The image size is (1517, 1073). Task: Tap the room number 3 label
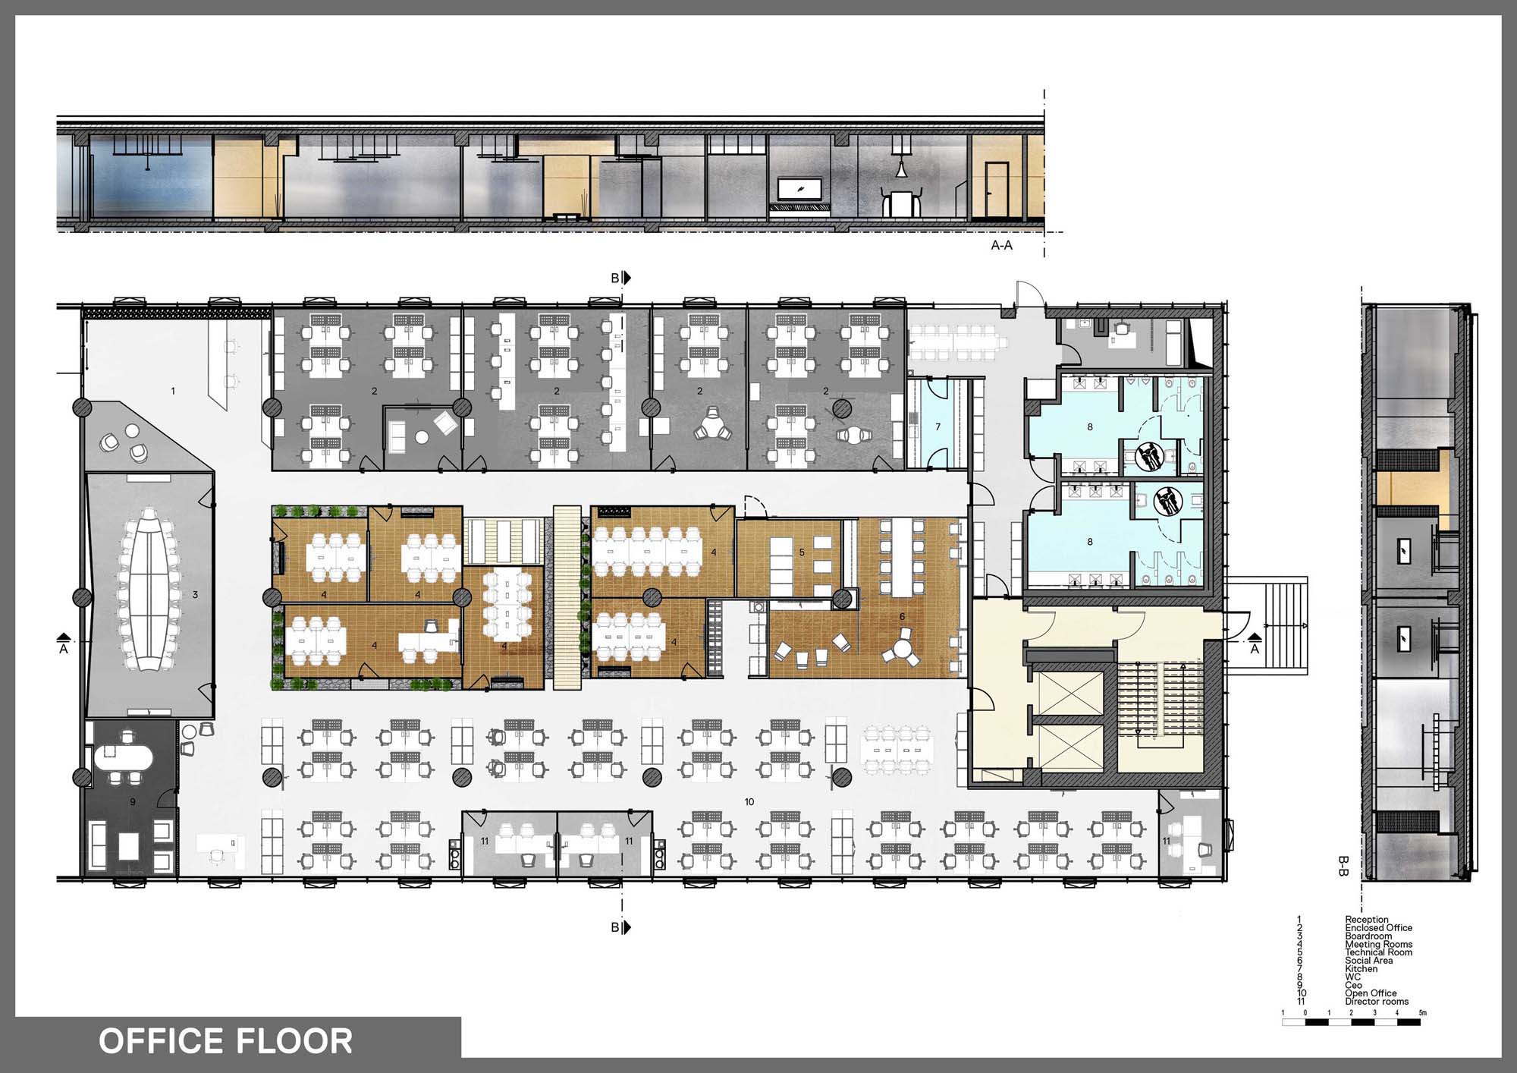pyautogui.click(x=195, y=595)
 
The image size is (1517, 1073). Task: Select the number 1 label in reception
pyautogui.click(x=173, y=391)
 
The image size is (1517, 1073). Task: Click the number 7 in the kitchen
pyautogui.click(x=938, y=427)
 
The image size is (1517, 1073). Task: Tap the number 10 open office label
pyautogui.click(x=749, y=802)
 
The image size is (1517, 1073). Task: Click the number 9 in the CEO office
pyautogui.click(x=133, y=801)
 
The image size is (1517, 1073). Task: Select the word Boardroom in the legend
pyautogui.click(x=1368, y=936)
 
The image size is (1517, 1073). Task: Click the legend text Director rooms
pyautogui.click(x=1377, y=1002)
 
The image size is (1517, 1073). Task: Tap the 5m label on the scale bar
pyautogui.click(x=1422, y=1013)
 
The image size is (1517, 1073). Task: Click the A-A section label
pyautogui.click(x=1002, y=246)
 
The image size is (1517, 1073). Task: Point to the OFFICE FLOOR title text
pyautogui.click(x=226, y=1041)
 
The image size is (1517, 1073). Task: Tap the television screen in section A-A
pyautogui.click(x=799, y=189)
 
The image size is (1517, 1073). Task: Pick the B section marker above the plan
pyautogui.click(x=620, y=278)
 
